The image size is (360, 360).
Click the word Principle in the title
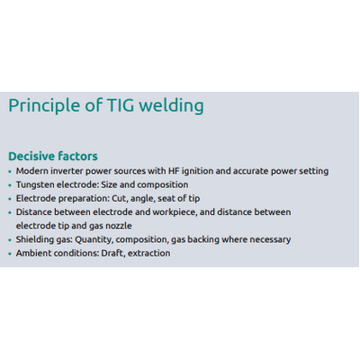coord(44,106)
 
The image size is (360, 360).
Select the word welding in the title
coord(172,106)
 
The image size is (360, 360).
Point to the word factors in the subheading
coord(77,157)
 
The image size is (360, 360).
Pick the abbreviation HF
coord(174,171)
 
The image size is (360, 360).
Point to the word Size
coord(109,184)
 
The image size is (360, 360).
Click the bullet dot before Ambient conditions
coord(10,254)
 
